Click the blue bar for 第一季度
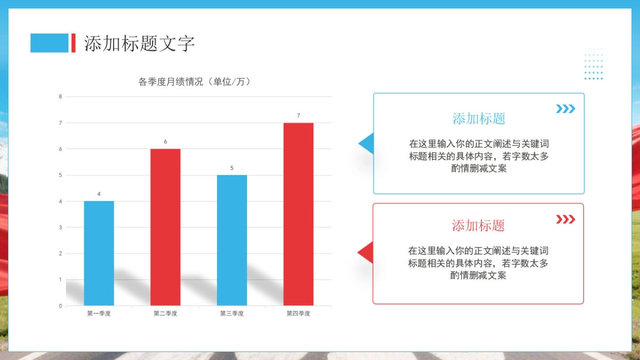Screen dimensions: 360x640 [x=99, y=253]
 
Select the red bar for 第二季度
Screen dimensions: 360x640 [x=165, y=227]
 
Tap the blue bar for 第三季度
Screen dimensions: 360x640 [x=232, y=240]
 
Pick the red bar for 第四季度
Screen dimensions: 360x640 [x=298, y=214]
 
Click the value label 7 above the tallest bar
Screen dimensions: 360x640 [x=298, y=116]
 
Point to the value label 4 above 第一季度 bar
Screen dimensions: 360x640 [x=99, y=194]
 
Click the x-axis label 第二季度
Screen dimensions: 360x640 [x=165, y=314]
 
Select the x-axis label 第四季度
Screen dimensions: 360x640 [x=298, y=314]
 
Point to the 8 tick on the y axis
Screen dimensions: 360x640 [x=60, y=97]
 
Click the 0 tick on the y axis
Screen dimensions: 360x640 [x=60, y=306]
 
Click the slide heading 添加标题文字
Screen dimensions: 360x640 [x=140, y=44]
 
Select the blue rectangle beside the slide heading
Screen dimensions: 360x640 [x=49, y=43]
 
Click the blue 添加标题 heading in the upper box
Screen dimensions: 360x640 [x=478, y=118]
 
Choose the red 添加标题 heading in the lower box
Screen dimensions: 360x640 [x=478, y=226]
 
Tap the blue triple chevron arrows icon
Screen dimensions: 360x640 [x=565, y=109]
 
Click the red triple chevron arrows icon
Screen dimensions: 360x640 [x=565, y=219]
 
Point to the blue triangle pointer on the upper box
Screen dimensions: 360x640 [x=366, y=143]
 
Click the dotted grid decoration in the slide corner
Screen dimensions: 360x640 [x=593, y=63]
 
